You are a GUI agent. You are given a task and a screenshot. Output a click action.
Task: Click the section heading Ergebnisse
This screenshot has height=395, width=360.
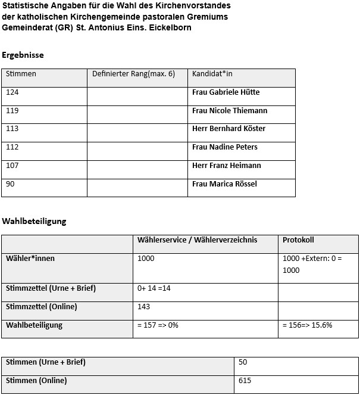click(23, 55)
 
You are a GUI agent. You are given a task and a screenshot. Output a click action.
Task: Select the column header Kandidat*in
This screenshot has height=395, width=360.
click(212, 74)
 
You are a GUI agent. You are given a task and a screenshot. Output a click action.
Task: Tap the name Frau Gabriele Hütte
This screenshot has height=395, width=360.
click(226, 92)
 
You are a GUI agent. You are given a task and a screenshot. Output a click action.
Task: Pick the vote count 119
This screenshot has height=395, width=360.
click(12, 111)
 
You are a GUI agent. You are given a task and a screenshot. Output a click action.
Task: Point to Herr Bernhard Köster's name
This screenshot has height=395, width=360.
click(228, 129)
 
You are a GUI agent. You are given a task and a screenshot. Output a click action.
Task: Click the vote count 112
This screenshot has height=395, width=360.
click(12, 147)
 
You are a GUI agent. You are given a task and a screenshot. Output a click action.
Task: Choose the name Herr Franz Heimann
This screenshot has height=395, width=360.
click(226, 166)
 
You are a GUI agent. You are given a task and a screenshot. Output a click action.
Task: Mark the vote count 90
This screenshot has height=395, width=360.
click(10, 184)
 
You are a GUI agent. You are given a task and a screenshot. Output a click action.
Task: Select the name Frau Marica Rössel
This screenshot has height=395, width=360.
click(224, 184)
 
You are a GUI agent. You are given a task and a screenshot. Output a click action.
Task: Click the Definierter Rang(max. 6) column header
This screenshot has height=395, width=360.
click(133, 74)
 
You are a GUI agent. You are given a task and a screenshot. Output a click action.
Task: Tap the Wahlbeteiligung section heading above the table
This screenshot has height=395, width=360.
click(34, 222)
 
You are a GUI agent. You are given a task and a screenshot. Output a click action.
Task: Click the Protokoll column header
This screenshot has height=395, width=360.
click(298, 240)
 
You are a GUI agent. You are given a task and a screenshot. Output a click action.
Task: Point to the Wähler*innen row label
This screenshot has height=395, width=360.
click(30, 259)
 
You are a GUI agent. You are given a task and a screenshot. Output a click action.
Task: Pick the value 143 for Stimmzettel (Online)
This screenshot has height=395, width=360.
click(143, 307)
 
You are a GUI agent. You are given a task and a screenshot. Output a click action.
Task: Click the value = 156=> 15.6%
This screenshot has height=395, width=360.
click(308, 325)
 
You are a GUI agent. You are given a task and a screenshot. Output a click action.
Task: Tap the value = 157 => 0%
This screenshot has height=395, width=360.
click(158, 325)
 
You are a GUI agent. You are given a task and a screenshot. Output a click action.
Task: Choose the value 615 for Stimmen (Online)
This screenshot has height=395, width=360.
click(245, 381)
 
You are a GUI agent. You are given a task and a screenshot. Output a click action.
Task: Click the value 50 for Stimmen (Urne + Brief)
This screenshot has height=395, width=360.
click(242, 362)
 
